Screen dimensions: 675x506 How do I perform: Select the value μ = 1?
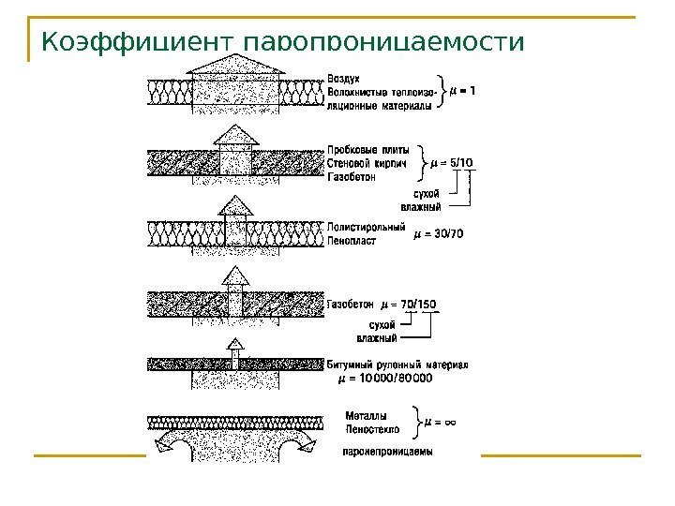pyautogui.click(x=462, y=91)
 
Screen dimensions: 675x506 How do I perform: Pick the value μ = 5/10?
pyautogui.click(x=451, y=163)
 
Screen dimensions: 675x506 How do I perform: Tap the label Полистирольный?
pyautogui.click(x=367, y=226)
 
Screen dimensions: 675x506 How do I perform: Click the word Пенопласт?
pyautogui.click(x=352, y=241)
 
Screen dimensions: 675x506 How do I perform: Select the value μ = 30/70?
pyautogui.click(x=439, y=233)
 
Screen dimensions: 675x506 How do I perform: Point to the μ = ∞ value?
pyautogui.click(x=441, y=422)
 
